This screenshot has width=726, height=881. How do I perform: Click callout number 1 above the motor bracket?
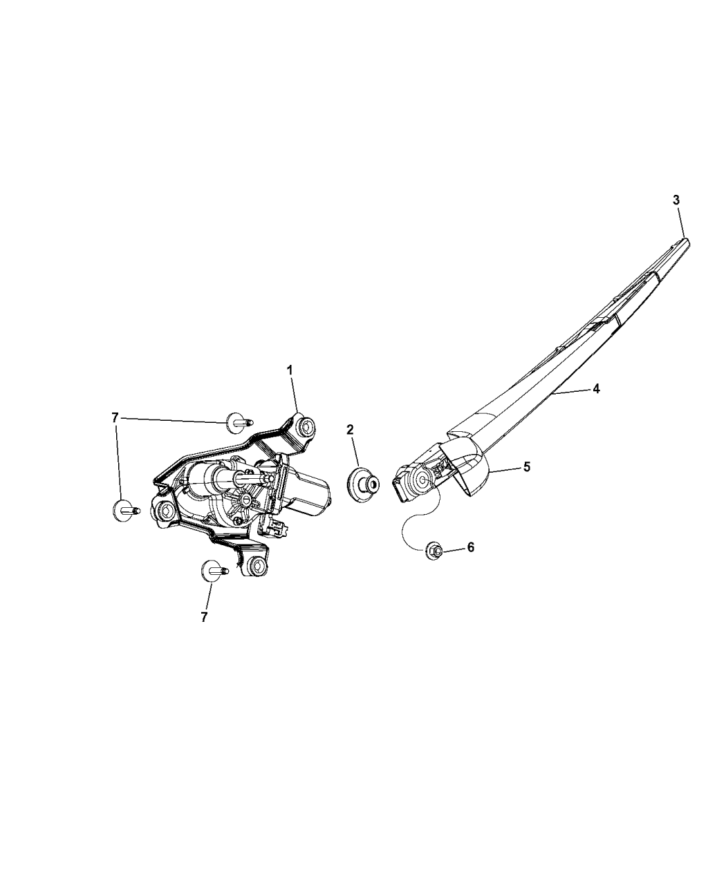point(290,370)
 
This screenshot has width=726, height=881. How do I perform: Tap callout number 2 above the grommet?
point(350,430)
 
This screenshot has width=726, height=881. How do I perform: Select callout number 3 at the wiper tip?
point(676,200)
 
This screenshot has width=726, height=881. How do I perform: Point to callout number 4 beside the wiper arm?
point(596,388)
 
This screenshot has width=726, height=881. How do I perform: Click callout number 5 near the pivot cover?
point(527,467)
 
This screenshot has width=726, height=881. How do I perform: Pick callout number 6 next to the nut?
point(470,547)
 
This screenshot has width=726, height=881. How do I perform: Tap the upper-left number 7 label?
point(115,418)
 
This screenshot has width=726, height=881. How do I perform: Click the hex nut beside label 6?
point(434,550)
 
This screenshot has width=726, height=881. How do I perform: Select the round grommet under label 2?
point(363,484)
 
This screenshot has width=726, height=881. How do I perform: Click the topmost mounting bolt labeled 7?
point(239,422)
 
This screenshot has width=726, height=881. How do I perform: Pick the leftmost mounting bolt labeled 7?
point(126,510)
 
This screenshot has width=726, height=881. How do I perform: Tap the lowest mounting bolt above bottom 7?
point(214,571)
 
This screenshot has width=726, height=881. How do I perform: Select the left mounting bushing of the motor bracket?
point(165,512)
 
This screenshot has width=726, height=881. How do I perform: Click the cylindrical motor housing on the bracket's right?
point(307,492)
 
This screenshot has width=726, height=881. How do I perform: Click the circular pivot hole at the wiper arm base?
point(422,480)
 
